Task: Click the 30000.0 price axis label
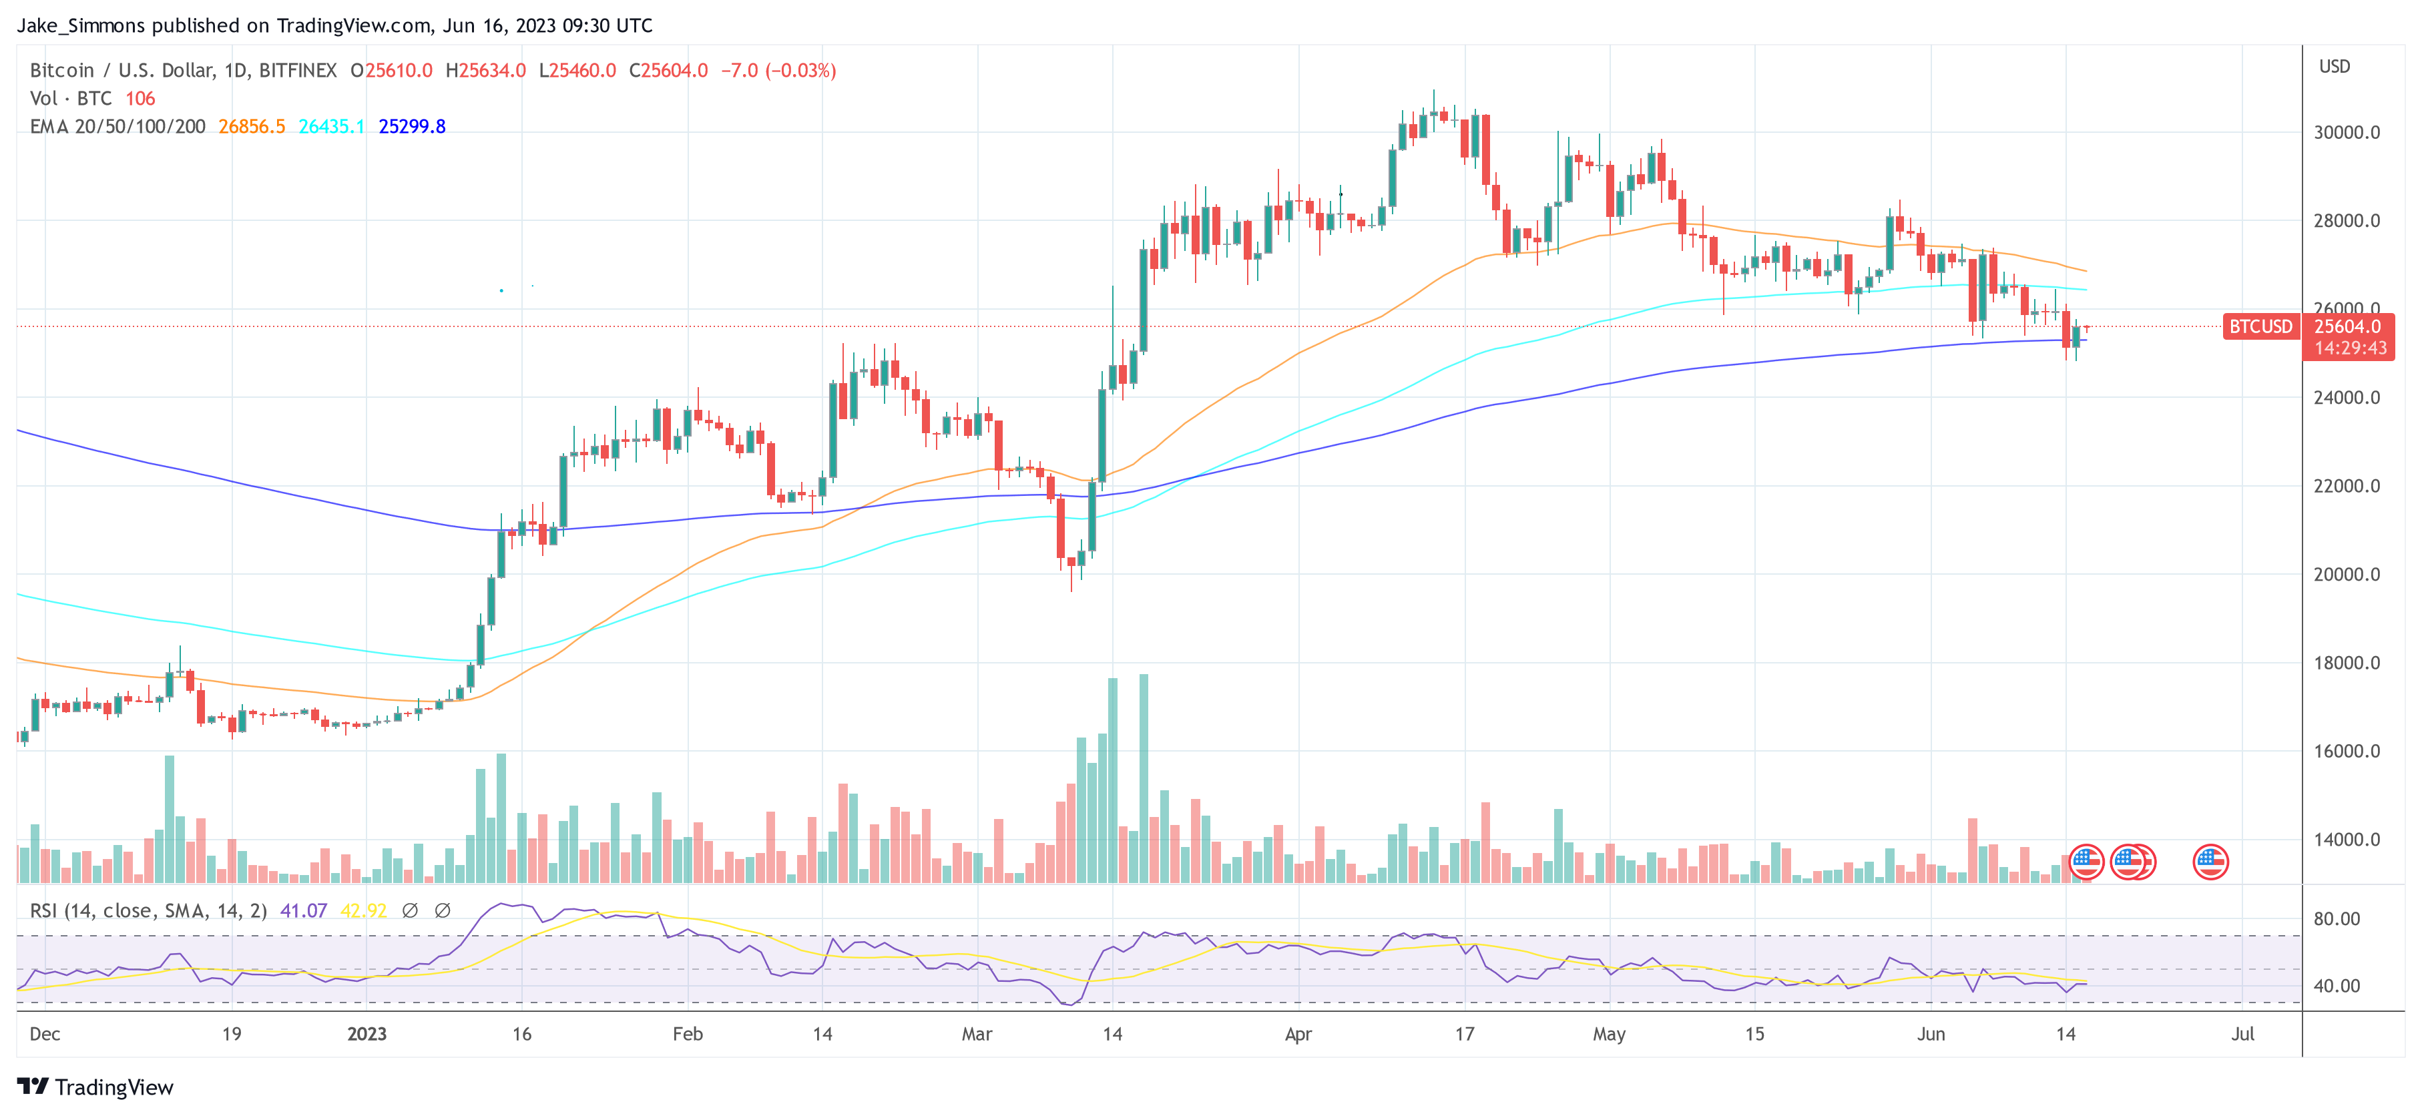pos(2347,133)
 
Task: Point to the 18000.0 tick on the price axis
pos(2347,663)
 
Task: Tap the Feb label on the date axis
pos(688,1034)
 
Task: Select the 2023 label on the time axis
pos(367,1034)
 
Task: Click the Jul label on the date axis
pos(2242,1034)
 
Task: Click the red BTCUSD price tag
pos(2260,326)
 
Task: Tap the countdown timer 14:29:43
pos(2350,348)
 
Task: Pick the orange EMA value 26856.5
pos(251,126)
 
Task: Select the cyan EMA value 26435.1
pos(331,126)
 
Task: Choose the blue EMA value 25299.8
pos(412,126)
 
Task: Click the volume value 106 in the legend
pos(140,99)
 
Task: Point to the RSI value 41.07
pos(304,911)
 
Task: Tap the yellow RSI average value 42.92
pos(363,911)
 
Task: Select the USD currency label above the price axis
pos(2334,67)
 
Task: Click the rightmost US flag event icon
pos(2210,861)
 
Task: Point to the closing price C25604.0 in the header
pos(668,71)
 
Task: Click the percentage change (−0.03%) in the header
pos(800,71)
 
